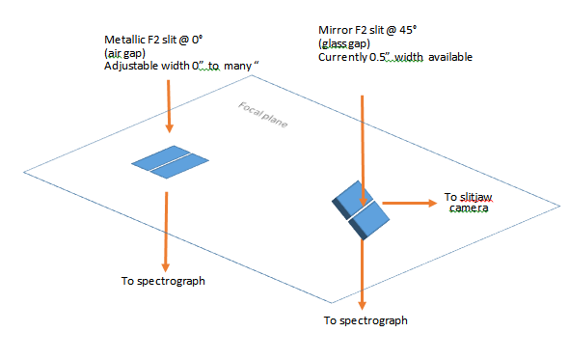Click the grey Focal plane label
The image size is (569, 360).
(x=263, y=115)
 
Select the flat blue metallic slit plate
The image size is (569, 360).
(x=170, y=162)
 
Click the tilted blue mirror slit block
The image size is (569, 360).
(x=361, y=210)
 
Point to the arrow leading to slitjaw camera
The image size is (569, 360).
(x=410, y=203)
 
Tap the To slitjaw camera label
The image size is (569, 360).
(x=468, y=203)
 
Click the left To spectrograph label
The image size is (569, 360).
(x=163, y=281)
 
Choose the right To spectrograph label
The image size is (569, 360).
(x=366, y=320)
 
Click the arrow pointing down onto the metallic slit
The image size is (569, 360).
(x=169, y=106)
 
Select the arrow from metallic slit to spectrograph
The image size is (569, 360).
(x=166, y=232)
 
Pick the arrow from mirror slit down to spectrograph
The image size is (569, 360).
(x=362, y=275)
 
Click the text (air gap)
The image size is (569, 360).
(x=124, y=53)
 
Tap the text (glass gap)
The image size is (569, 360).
(x=344, y=44)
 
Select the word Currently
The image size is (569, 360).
(x=343, y=57)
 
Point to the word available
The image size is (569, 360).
(x=450, y=57)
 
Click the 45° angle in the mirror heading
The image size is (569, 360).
(x=408, y=30)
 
